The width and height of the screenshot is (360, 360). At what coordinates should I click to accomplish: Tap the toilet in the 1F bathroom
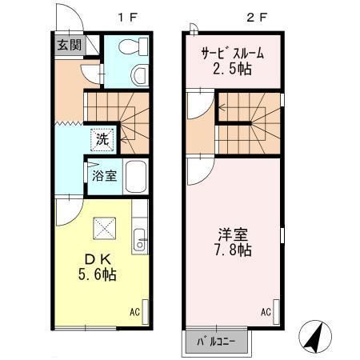point(138,75)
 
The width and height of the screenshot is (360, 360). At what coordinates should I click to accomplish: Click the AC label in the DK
point(135,312)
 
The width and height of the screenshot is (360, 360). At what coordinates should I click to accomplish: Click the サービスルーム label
point(232,54)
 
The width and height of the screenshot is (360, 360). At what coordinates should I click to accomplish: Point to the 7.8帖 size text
point(234,251)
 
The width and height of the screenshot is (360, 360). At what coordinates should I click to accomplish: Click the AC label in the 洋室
point(265,312)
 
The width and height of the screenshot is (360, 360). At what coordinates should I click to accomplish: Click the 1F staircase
point(116,112)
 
